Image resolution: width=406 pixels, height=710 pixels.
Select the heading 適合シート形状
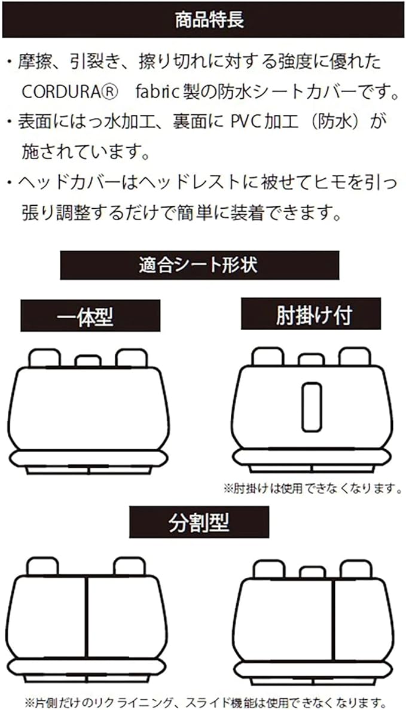(x=199, y=265)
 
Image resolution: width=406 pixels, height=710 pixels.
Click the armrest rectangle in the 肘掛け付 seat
(x=311, y=407)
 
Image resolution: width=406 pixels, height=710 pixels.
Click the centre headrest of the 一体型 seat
(x=88, y=360)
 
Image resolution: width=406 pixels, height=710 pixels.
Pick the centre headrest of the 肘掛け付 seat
(x=311, y=359)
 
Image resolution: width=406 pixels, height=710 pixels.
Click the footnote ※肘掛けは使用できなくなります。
(x=312, y=489)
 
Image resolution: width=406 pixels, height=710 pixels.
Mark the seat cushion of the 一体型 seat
(x=88, y=458)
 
